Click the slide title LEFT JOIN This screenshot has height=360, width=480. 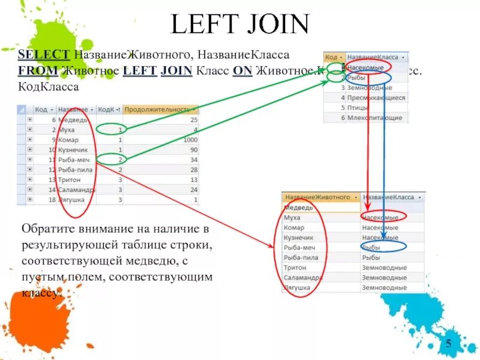coord(239,25)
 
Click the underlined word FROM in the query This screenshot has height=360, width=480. coord(38,71)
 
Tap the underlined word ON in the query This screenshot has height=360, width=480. coord(242,71)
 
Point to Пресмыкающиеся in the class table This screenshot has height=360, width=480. coord(376,98)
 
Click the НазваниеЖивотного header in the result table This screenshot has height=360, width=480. coord(317,197)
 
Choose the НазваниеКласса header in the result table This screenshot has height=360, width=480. coord(389,197)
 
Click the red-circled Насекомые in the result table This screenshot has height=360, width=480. coord(380,217)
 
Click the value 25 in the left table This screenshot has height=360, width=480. coord(193,120)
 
